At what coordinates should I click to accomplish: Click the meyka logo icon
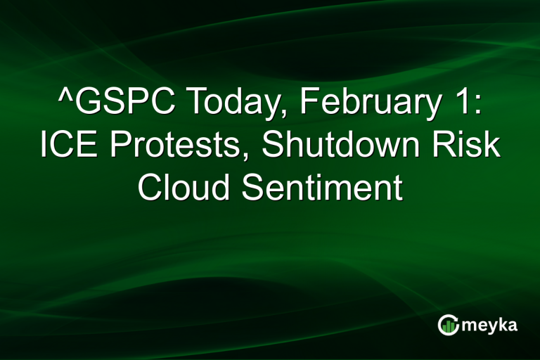click(448, 325)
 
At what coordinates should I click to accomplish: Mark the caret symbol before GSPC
click(65, 98)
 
